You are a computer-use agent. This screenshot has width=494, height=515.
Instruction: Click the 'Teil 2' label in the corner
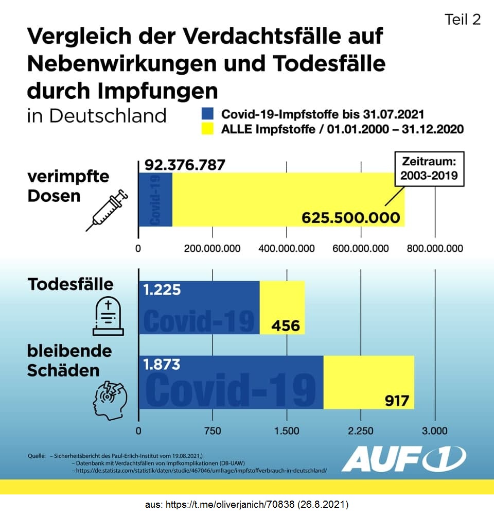click(x=462, y=19)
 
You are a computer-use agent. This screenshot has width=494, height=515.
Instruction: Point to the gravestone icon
click(x=108, y=316)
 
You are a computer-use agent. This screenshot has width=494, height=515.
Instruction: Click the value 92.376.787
click(x=185, y=165)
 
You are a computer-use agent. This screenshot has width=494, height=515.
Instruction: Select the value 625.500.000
click(x=350, y=217)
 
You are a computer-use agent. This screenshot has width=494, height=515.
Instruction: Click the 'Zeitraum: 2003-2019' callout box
click(x=429, y=168)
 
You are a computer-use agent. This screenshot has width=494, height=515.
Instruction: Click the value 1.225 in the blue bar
click(x=162, y=290)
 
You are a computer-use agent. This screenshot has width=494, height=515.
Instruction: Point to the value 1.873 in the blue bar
click(x=162, y=365)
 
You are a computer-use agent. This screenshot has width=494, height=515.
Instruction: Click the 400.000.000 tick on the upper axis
click(x=287, y=249)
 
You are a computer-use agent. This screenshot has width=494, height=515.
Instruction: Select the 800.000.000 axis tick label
click(x=435, y=249)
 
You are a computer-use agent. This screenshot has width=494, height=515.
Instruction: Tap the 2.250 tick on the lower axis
click(x=361, y=431)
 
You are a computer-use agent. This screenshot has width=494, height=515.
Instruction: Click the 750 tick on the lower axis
click(x=213, y=431)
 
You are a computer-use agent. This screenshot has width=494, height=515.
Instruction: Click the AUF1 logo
click(x=404, y=458)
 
